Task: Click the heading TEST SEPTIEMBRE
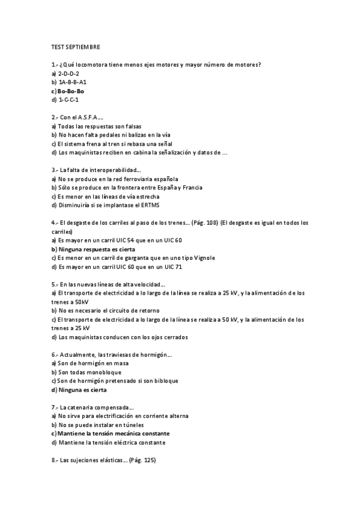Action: [76, 46]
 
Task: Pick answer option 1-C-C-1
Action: [69, 100]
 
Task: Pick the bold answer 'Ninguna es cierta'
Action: [82, 390]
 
